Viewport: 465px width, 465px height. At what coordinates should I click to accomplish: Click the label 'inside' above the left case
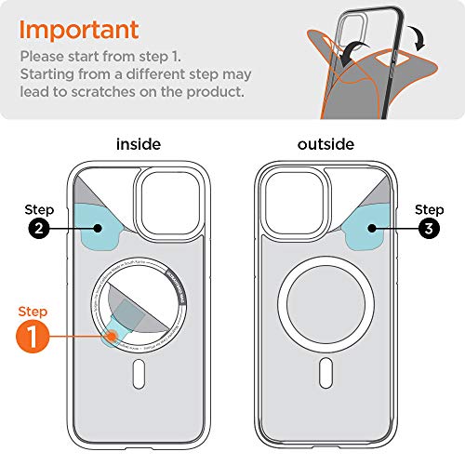point(139,144)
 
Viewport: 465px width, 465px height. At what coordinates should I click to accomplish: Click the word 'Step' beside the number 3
point(429,209)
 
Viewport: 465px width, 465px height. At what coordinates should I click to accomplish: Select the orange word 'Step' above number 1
point(33,311)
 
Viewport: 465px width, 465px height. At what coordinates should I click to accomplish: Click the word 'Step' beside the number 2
point(40,211)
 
